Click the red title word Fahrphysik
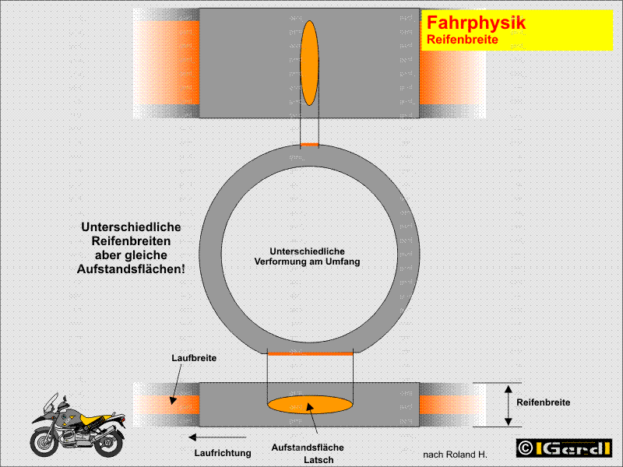point(476,23)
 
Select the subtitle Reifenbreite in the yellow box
point(463,40)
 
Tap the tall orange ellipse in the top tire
point(309,63)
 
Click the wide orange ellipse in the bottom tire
point(310,405)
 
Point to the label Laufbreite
point(194,358)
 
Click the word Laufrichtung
point(223,453)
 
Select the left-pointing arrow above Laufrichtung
point(217,437)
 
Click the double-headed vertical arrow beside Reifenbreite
point(509,405)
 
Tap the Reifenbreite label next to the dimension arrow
point(543,402)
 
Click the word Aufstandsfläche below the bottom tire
point(308,448)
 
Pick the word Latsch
point(319,460)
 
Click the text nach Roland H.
point(455,455)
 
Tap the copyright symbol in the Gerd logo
point(525,448)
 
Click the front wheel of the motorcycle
point(44,442)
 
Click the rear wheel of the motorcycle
point(109,443)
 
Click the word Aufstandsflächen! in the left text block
point(131,269)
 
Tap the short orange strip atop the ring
point(309,145)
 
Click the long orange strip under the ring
point(310,353)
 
